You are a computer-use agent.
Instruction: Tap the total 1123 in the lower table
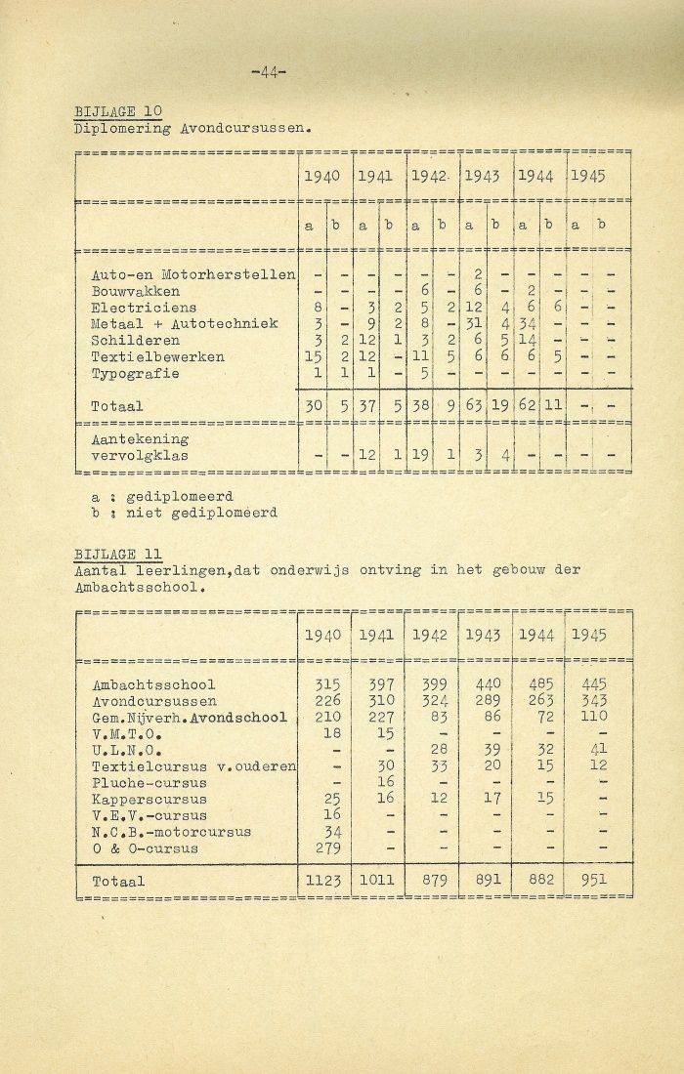322,881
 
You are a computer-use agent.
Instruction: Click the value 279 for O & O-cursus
322,847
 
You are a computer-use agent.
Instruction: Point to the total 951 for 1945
591,879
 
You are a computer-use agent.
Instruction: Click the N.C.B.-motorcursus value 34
325,831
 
